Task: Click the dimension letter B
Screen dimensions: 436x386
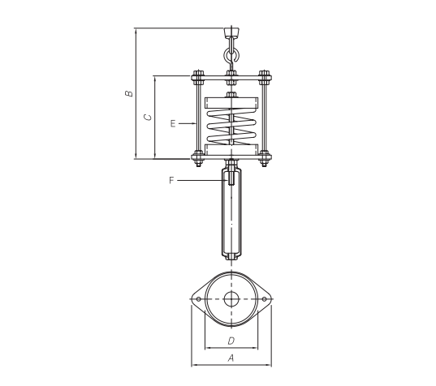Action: point(129,93)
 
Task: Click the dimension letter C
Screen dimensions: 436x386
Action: point(148,118)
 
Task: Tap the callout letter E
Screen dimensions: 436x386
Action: point(173,123)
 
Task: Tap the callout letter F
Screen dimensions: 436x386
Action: point(171,181)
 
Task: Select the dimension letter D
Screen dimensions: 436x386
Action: point(231,341)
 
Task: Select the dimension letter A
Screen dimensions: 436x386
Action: point(231,358)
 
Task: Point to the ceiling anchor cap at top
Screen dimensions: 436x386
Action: point(231,32)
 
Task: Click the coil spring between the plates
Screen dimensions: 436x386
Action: point(231,127)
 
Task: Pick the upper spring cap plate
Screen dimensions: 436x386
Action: point(231,103)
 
